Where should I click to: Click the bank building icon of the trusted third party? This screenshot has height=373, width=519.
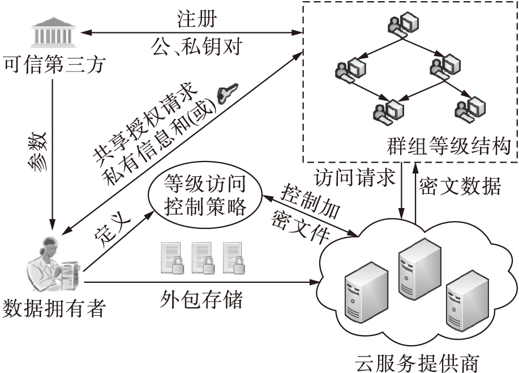54,33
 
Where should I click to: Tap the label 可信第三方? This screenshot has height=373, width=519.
54,64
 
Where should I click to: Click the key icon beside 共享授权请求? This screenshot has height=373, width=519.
227,93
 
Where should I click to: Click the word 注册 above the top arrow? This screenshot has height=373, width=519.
195,18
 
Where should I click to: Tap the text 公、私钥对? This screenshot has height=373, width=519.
197,46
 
